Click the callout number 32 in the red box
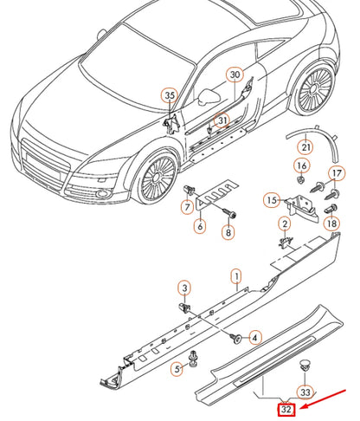(286, 410)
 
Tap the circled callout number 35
(170, 95)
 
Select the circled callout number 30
(235, 74)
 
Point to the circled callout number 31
(222, 120)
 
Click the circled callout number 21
(305, 147)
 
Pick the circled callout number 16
(302, 165)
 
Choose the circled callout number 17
(337, 173)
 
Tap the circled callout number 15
(272, 200)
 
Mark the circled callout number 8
(228, 232)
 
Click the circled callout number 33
(305, 392)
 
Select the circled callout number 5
(177, 368)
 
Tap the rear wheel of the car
(315, 90)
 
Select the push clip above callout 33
(305, 365)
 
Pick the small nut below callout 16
(301, 180)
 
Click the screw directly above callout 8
(229, 214)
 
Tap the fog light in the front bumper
(102, 193)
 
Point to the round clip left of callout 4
(235, 338)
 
